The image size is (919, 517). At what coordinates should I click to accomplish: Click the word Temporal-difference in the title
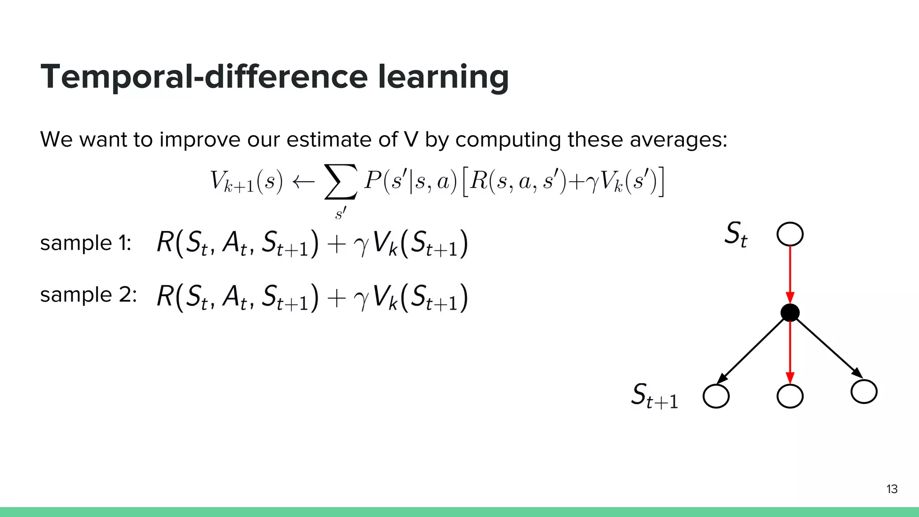pos(204,77)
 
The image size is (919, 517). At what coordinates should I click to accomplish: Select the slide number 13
pos(892,489)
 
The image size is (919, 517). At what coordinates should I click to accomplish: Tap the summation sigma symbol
pos(341,182)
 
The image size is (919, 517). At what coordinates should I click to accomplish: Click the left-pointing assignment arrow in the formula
pos(303,182)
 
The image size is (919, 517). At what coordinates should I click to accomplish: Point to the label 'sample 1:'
pos(86,243)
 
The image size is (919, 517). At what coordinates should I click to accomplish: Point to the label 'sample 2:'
pos(88,295)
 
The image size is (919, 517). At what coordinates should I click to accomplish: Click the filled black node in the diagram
pos(790,312)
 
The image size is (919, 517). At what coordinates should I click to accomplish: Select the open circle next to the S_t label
pos(790,234)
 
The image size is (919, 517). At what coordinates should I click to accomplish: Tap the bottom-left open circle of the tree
pos(716,396)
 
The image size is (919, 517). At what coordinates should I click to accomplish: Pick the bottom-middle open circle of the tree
pos(790,396)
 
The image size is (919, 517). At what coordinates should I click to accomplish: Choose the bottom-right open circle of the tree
pos(864,391)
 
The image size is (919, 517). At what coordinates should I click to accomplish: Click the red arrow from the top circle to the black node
pos(790,274)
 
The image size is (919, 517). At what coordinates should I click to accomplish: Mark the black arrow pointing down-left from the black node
pos(752,350)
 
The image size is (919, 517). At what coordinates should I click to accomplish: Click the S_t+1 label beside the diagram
pos(654,395)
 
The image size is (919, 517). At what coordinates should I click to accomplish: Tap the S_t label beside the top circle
pos(736,234)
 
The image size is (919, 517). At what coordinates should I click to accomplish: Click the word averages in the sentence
pos(678,140)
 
